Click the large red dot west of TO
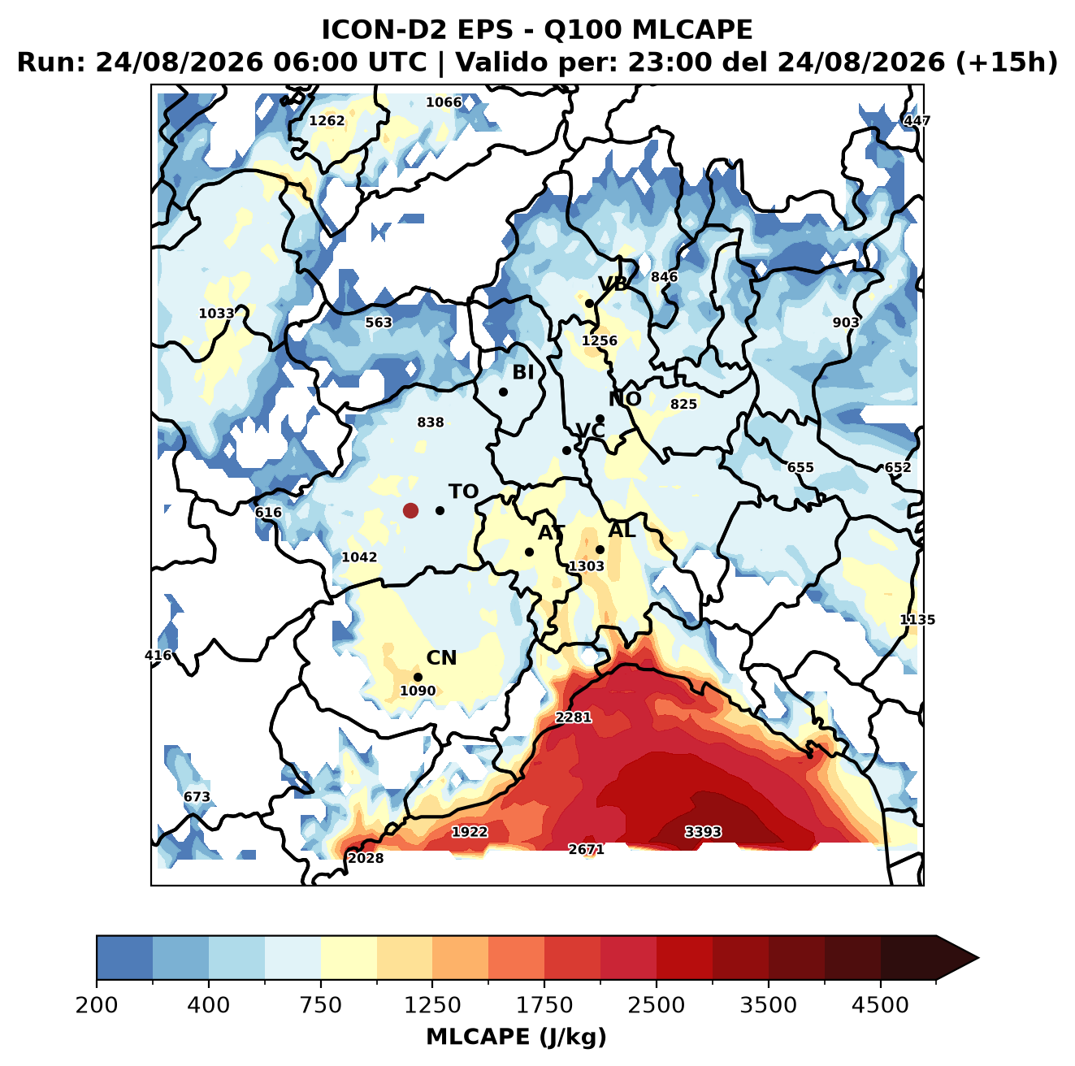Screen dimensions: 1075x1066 click(410, 510)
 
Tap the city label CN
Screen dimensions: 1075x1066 click(441, 658)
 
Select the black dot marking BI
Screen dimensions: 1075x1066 click(503, 392)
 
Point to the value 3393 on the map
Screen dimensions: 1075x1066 click(703, 832)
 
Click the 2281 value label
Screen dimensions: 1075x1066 click(573, 717)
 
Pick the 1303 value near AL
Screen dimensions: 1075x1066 click(586, 566)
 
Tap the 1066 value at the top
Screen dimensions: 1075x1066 click(444, 102)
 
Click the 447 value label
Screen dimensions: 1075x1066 click(917, 120)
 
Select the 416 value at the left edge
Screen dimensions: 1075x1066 click(158, 655)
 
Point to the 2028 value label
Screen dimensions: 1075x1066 click(366, 858)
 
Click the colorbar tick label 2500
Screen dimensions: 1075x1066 click(656, 1005)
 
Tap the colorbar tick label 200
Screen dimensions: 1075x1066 click(97, 1005)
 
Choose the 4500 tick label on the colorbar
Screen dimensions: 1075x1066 click(880, 1005)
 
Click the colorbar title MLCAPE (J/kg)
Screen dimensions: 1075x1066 click(516, 1037)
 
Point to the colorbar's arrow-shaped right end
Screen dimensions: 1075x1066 click(957, 958)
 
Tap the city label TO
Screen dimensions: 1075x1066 click(464, 492)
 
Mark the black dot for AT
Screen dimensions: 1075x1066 click(530, 552)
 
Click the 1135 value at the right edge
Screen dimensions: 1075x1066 click(917, 620)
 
